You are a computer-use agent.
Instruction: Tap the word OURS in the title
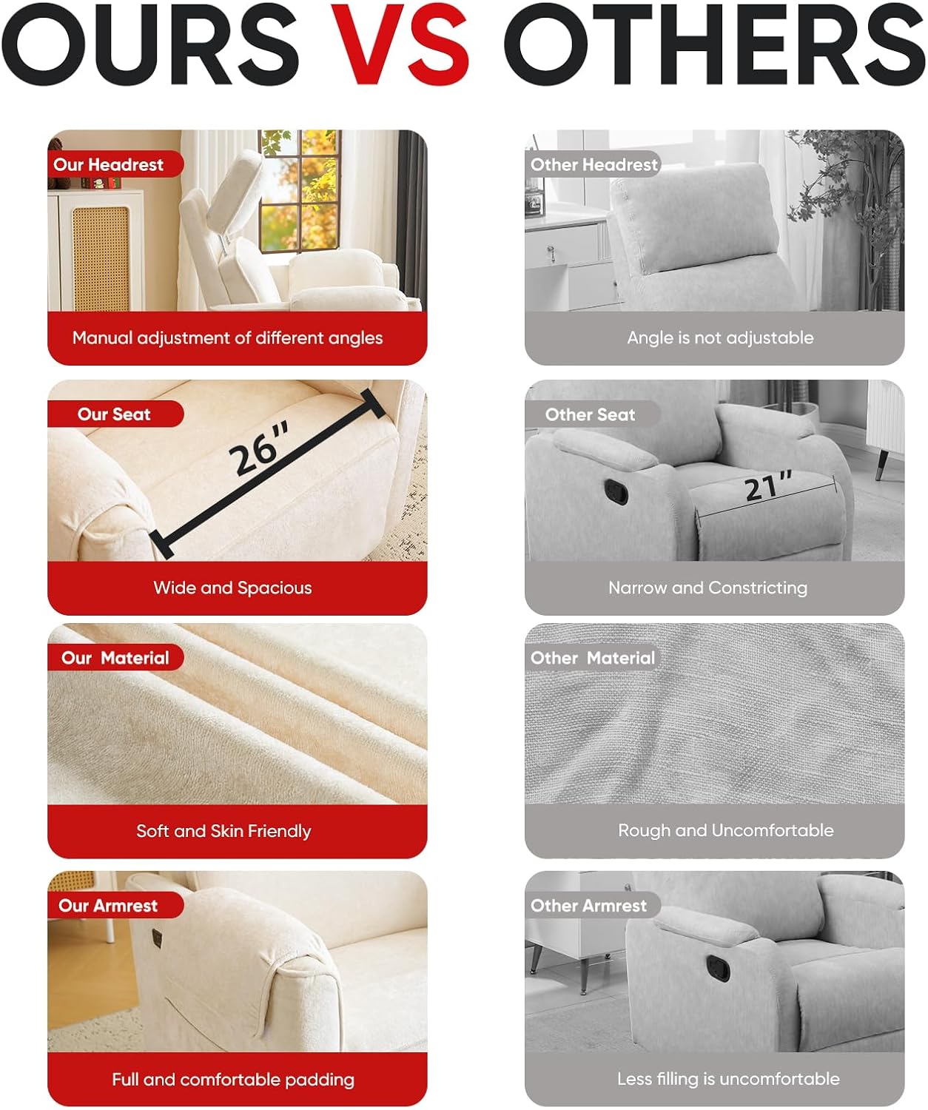tap(150, 44)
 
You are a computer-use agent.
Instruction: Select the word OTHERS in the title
tap(716, 44)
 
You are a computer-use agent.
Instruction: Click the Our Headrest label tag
tap(115, 164)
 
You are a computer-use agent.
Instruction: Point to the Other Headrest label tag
tap(593, 164)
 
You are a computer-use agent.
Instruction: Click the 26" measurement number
tap(260, 447)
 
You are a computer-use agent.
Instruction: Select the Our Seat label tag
tap(115, 414)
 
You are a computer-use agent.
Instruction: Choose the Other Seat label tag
tap(593, 414)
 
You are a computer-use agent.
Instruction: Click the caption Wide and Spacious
tap(232, 588)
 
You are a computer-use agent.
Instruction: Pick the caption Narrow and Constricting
tap(707, 588)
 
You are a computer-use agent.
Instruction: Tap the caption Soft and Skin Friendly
tap(223, 831)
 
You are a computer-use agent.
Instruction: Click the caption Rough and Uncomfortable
tap(726, 830)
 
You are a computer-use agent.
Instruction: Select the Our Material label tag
tap(115, 658)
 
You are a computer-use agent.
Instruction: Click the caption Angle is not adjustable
tap(720, 337)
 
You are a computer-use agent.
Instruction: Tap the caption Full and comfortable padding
tap(233, 1079)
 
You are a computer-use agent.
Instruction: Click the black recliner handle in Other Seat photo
tap(616, 492)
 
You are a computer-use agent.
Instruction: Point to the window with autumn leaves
tap(300, 189)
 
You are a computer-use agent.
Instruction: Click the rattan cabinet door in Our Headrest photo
tap(101, 258)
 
